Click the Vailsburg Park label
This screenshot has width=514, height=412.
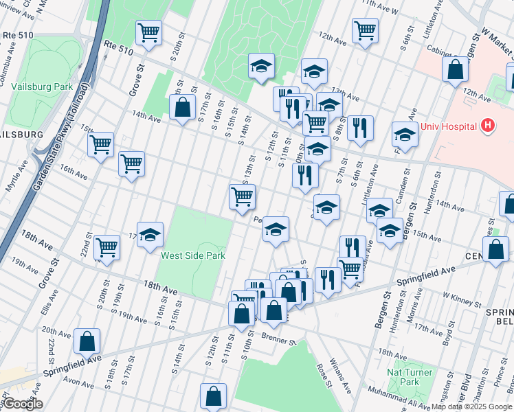coord(42,87)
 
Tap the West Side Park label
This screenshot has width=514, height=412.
coord(193,255)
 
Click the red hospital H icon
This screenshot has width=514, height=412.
coord(488,126)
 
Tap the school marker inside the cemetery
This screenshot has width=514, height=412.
coord(261,67)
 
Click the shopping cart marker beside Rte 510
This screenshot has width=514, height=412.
coord(148,33)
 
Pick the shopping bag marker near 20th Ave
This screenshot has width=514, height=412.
coord(87,341)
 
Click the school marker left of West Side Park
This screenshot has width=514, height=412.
coord(150,236)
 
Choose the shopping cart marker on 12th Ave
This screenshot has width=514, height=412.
coord(365,30)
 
